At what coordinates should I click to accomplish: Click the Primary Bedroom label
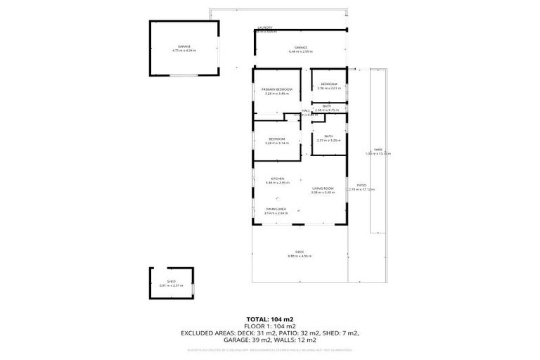(277, 89)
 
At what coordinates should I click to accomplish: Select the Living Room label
(322, 188)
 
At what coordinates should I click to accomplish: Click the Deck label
(299, 252)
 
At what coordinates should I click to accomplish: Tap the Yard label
(378, 149)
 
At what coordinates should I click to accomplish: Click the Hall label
(306, 111)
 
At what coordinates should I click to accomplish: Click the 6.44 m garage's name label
(300, 47)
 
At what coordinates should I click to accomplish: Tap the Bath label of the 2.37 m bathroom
(328, 136)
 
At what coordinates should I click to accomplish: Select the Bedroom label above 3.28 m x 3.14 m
(277, 139)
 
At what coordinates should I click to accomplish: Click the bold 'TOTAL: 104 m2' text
(269, 319)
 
